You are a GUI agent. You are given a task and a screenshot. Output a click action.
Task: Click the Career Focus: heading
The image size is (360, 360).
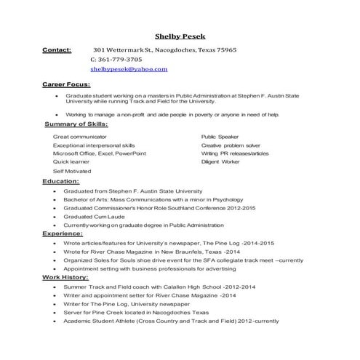tap(66, 85)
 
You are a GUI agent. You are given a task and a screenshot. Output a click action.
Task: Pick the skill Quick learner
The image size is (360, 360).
tap(71, 162)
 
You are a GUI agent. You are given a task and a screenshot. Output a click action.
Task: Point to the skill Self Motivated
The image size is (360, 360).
tap(71, 171)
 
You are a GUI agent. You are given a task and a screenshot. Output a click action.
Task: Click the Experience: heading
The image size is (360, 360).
tap(62, 233)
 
